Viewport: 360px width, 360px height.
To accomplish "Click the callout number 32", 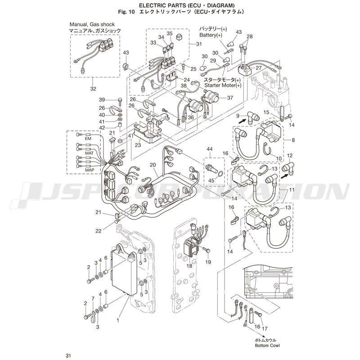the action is point(93,89).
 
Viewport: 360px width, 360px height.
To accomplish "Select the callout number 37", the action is point(230,98).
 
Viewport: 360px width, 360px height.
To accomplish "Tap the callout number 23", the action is point(138,145).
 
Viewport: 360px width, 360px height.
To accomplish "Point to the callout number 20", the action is point(153,165).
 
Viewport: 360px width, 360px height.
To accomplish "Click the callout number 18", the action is point(189,265).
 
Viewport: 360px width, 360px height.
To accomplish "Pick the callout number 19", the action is point(208,262).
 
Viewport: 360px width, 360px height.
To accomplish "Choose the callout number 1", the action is point(118,320).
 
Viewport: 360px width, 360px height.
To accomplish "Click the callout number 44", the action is point(210,149).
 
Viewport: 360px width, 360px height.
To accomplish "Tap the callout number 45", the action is point(211,180).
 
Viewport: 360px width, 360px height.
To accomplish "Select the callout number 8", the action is point(293,140).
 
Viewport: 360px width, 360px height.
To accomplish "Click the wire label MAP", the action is point(90,170).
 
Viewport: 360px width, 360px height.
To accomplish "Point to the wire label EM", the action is point(88,139).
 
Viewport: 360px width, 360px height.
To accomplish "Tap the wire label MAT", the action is point(89,153).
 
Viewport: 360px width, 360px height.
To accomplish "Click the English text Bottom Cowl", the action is point(267,345).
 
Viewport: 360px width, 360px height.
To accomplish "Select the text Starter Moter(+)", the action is point(223,85).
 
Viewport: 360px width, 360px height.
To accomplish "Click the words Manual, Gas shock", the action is point(92,24).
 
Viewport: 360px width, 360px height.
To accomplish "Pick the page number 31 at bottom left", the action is point(68,356).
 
